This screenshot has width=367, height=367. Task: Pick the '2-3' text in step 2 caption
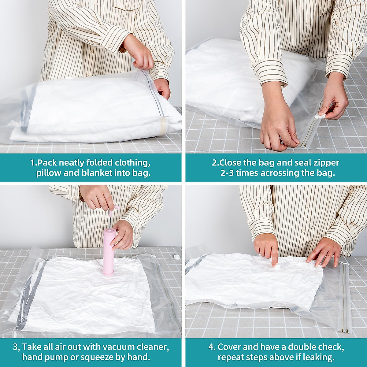pos(227,173)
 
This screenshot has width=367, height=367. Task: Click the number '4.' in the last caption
pos(212,347)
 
